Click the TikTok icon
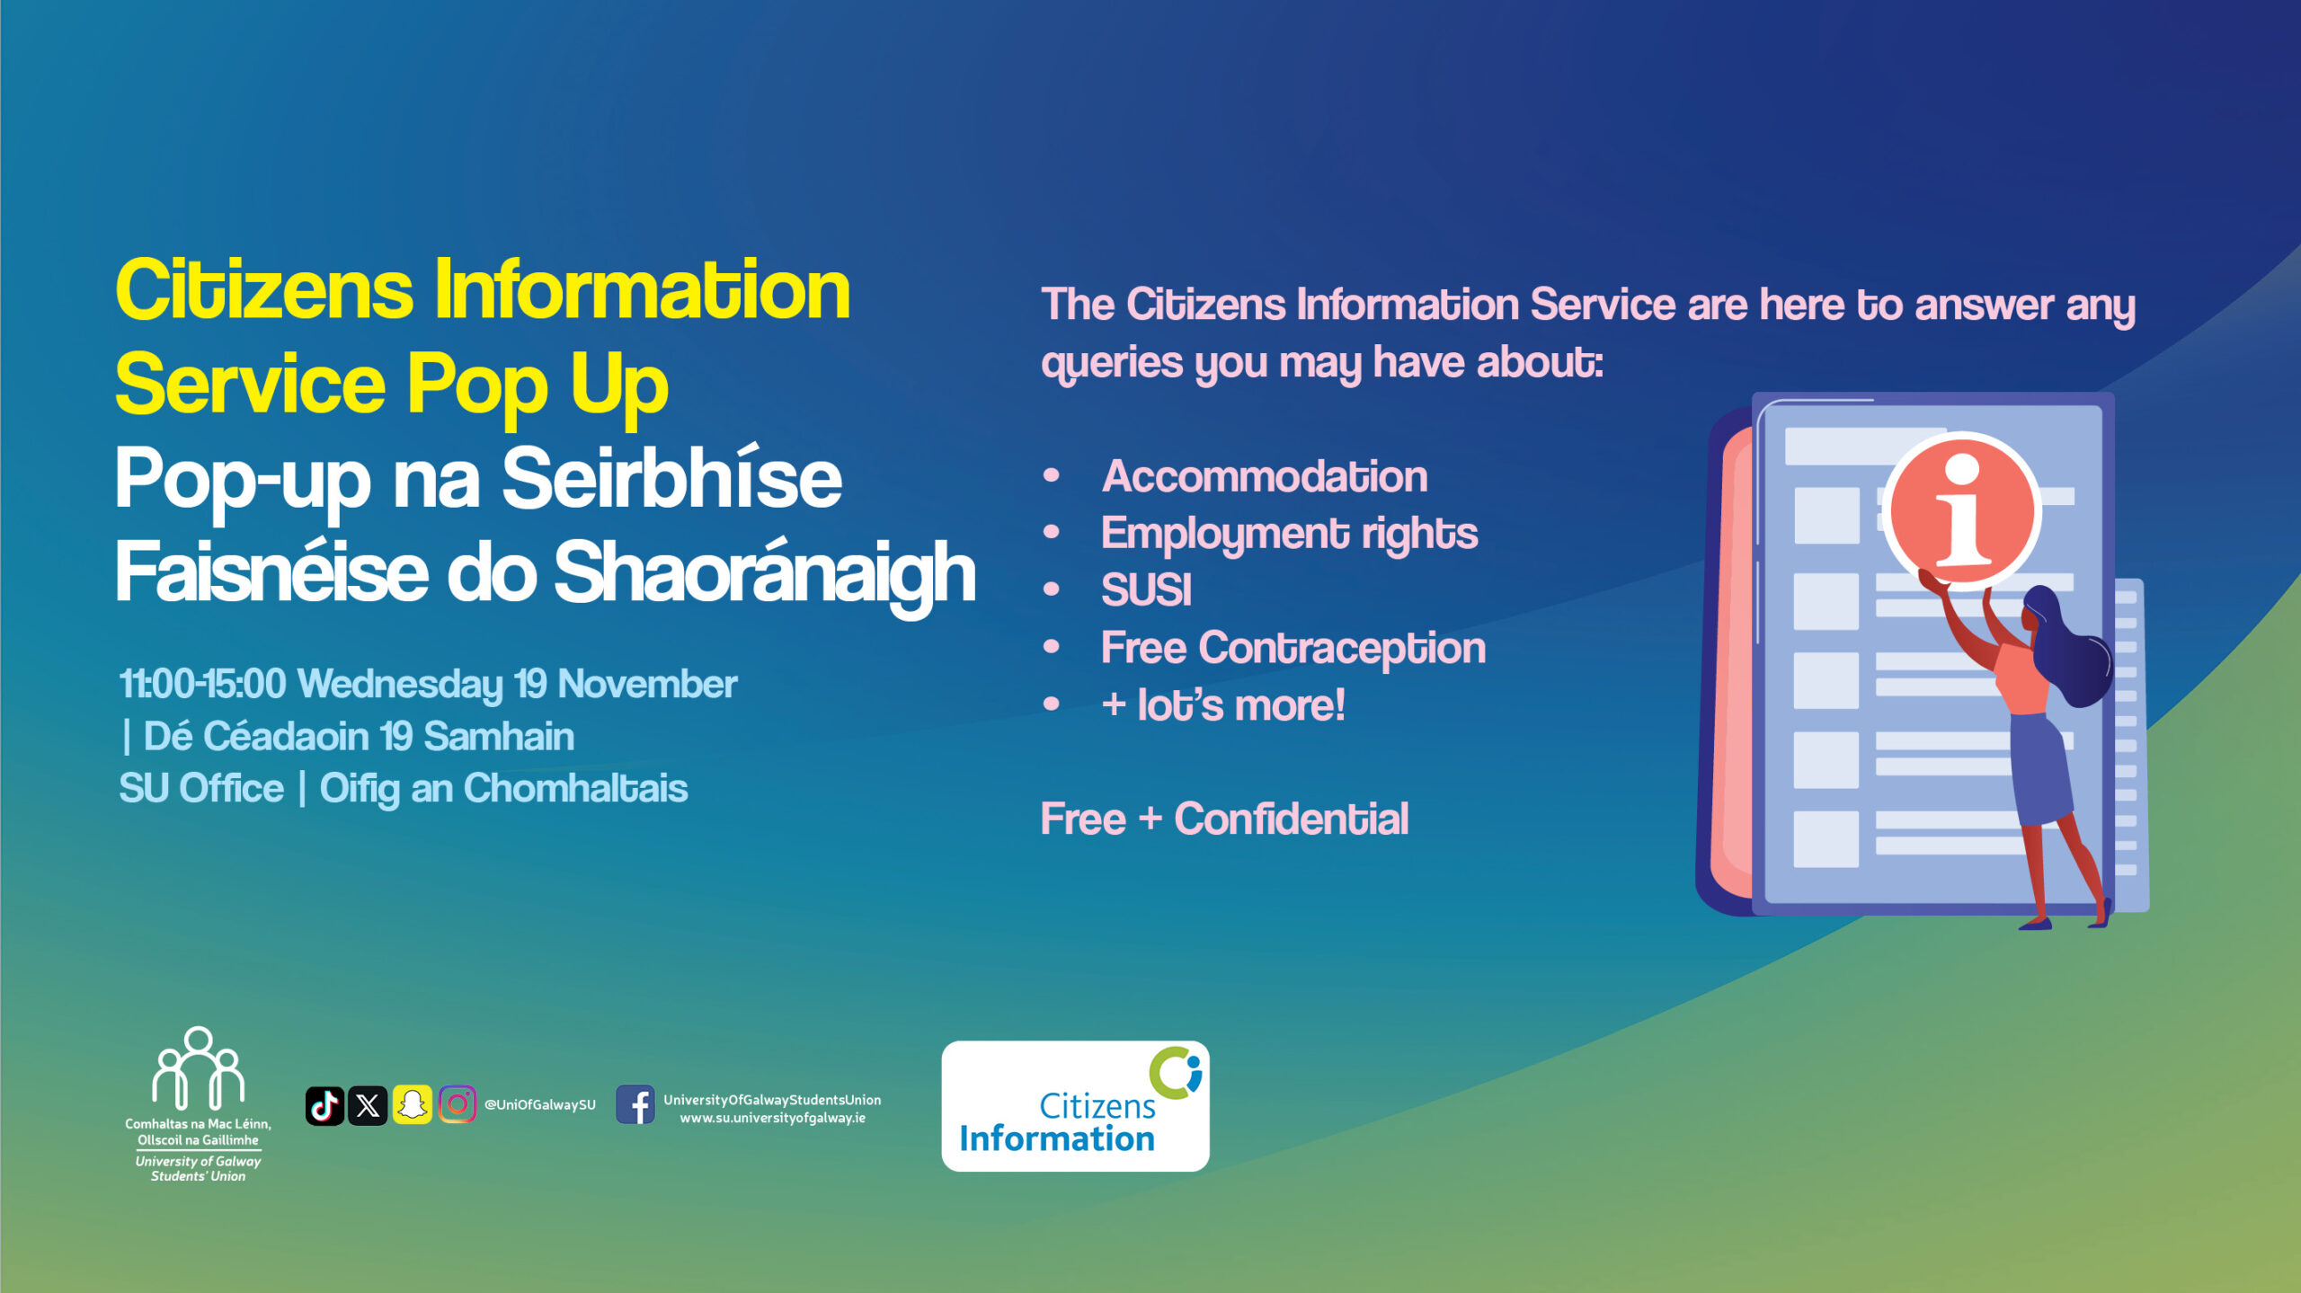click(x=324, y=1105)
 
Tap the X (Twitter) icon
click(x=368, y=1105)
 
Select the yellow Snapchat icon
click(x=412, y=1105)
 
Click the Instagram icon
click(x=457, y=1105)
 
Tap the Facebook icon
click(x=635, y=1105)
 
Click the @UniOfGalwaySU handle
click(x=540, y=1105)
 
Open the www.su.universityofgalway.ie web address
click(x=773, y=1119)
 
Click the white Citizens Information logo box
click(x=1075, y=1106)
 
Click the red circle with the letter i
click(x=1961, y=510)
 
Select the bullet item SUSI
click(x=1146, y=590)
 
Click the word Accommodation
click(x=1265, y=476)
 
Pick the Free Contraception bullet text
click(x=1293, y=649)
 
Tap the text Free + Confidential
click(x=1224, y=819)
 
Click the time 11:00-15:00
click(x=202, y=684)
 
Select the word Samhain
click(x=499, y=736)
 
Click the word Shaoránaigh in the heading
click(x=765, y=574)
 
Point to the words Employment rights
click(x=1289, y=535)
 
